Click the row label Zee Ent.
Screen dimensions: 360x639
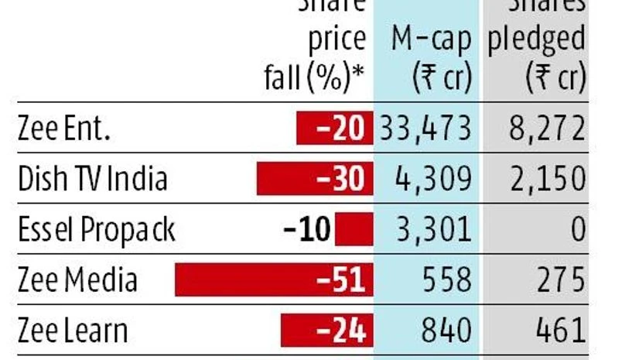(x=64, y=129)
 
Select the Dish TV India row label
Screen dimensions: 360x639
(x=93, y=179)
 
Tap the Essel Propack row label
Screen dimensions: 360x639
(x=97, y=230)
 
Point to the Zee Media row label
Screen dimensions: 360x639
(x=77, y=279)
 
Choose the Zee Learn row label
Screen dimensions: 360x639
(x=73, y=330)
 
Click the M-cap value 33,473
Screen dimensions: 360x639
(x=425, y=129)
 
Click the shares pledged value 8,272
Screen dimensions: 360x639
(x=547, y=129)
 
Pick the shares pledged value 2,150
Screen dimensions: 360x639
(x=547, y=179)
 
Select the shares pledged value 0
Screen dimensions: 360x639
(x=576, y=230)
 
